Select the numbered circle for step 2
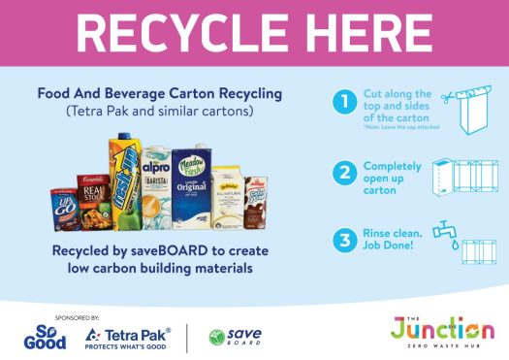pyautogui.click(x=340, y=174)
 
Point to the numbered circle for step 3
pyautogui.click(x=340, y=238)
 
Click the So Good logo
pyautogui.click(x=46, y=335)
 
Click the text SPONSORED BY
pyautogui.click(x=49, y=316)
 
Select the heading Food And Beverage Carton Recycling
pyautogui.click(x=159, y=94)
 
